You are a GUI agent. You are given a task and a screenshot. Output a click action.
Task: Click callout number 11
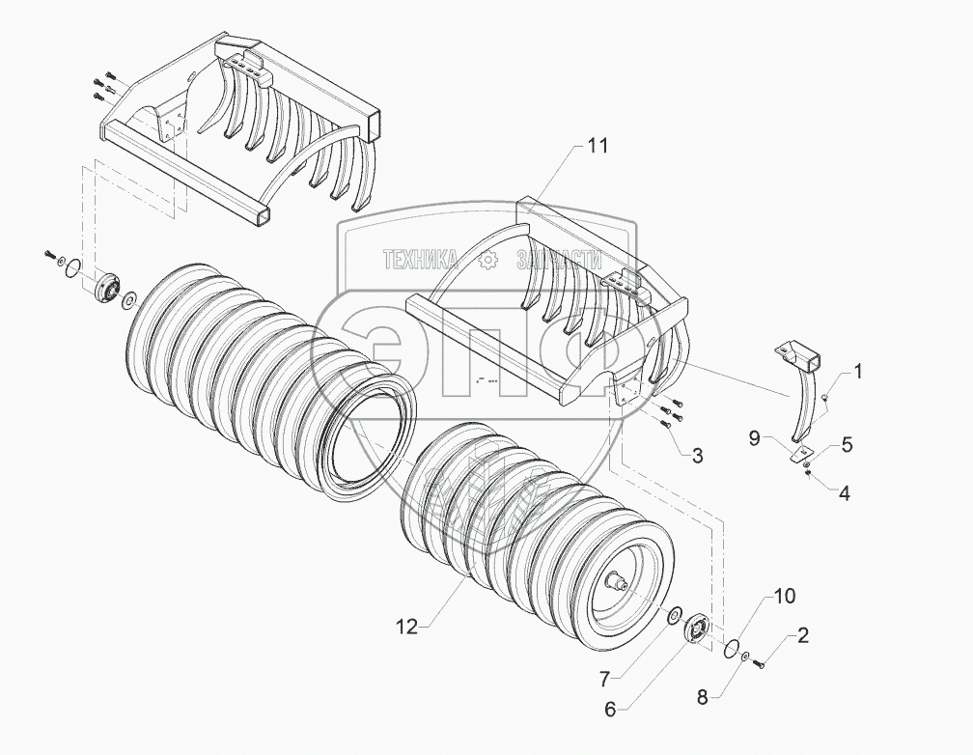tap(599, 147)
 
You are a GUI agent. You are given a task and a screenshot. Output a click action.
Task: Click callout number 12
tap(406, 628)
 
